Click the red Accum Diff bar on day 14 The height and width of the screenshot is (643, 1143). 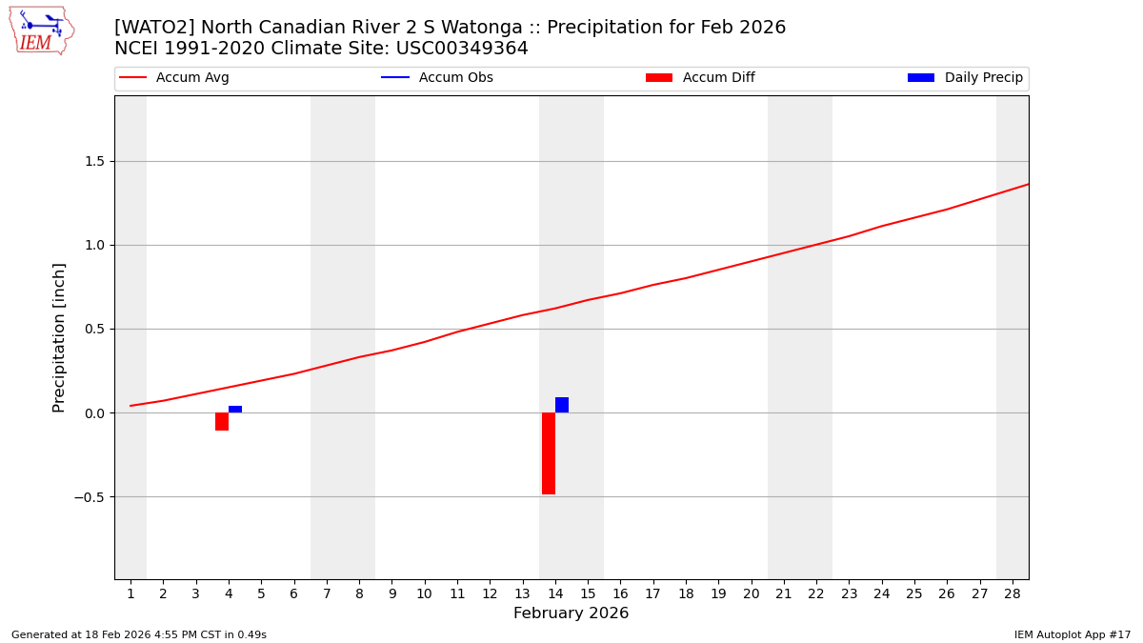pyautogui.click(x=549, y=453)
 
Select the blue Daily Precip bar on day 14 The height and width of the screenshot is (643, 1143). pyautogui.click(x=562, y=405)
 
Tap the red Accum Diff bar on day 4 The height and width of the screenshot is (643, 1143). pyautogui.click(x=222, y=421)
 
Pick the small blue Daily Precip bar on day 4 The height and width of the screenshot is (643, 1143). pyautogui.click(x=235, y=410)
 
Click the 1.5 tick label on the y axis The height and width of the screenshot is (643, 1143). pyautogui.click(x=93, y=161)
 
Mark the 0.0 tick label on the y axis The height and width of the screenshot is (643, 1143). pyautogui.click(x=93, y=413)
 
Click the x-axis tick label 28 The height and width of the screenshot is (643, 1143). pyautogui.click(x=1012, y=594)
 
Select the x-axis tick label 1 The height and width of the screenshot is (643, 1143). pyautogui.click(x=130, y=594)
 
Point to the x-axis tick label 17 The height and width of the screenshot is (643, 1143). pyautogui.click(x=652, y=594)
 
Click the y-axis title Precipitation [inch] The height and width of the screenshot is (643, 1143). pyautogui.click(x=59, y=337)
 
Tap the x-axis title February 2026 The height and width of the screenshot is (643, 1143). pyautogui.click(x=571, y=613)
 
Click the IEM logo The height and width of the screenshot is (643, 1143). pyautogui.click(x=41, y=30)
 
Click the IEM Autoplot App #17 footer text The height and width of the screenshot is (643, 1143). pyautogui.click(x=1072, y=635)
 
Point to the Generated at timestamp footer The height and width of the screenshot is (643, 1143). pyautogui.click(x=139, y=635)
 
